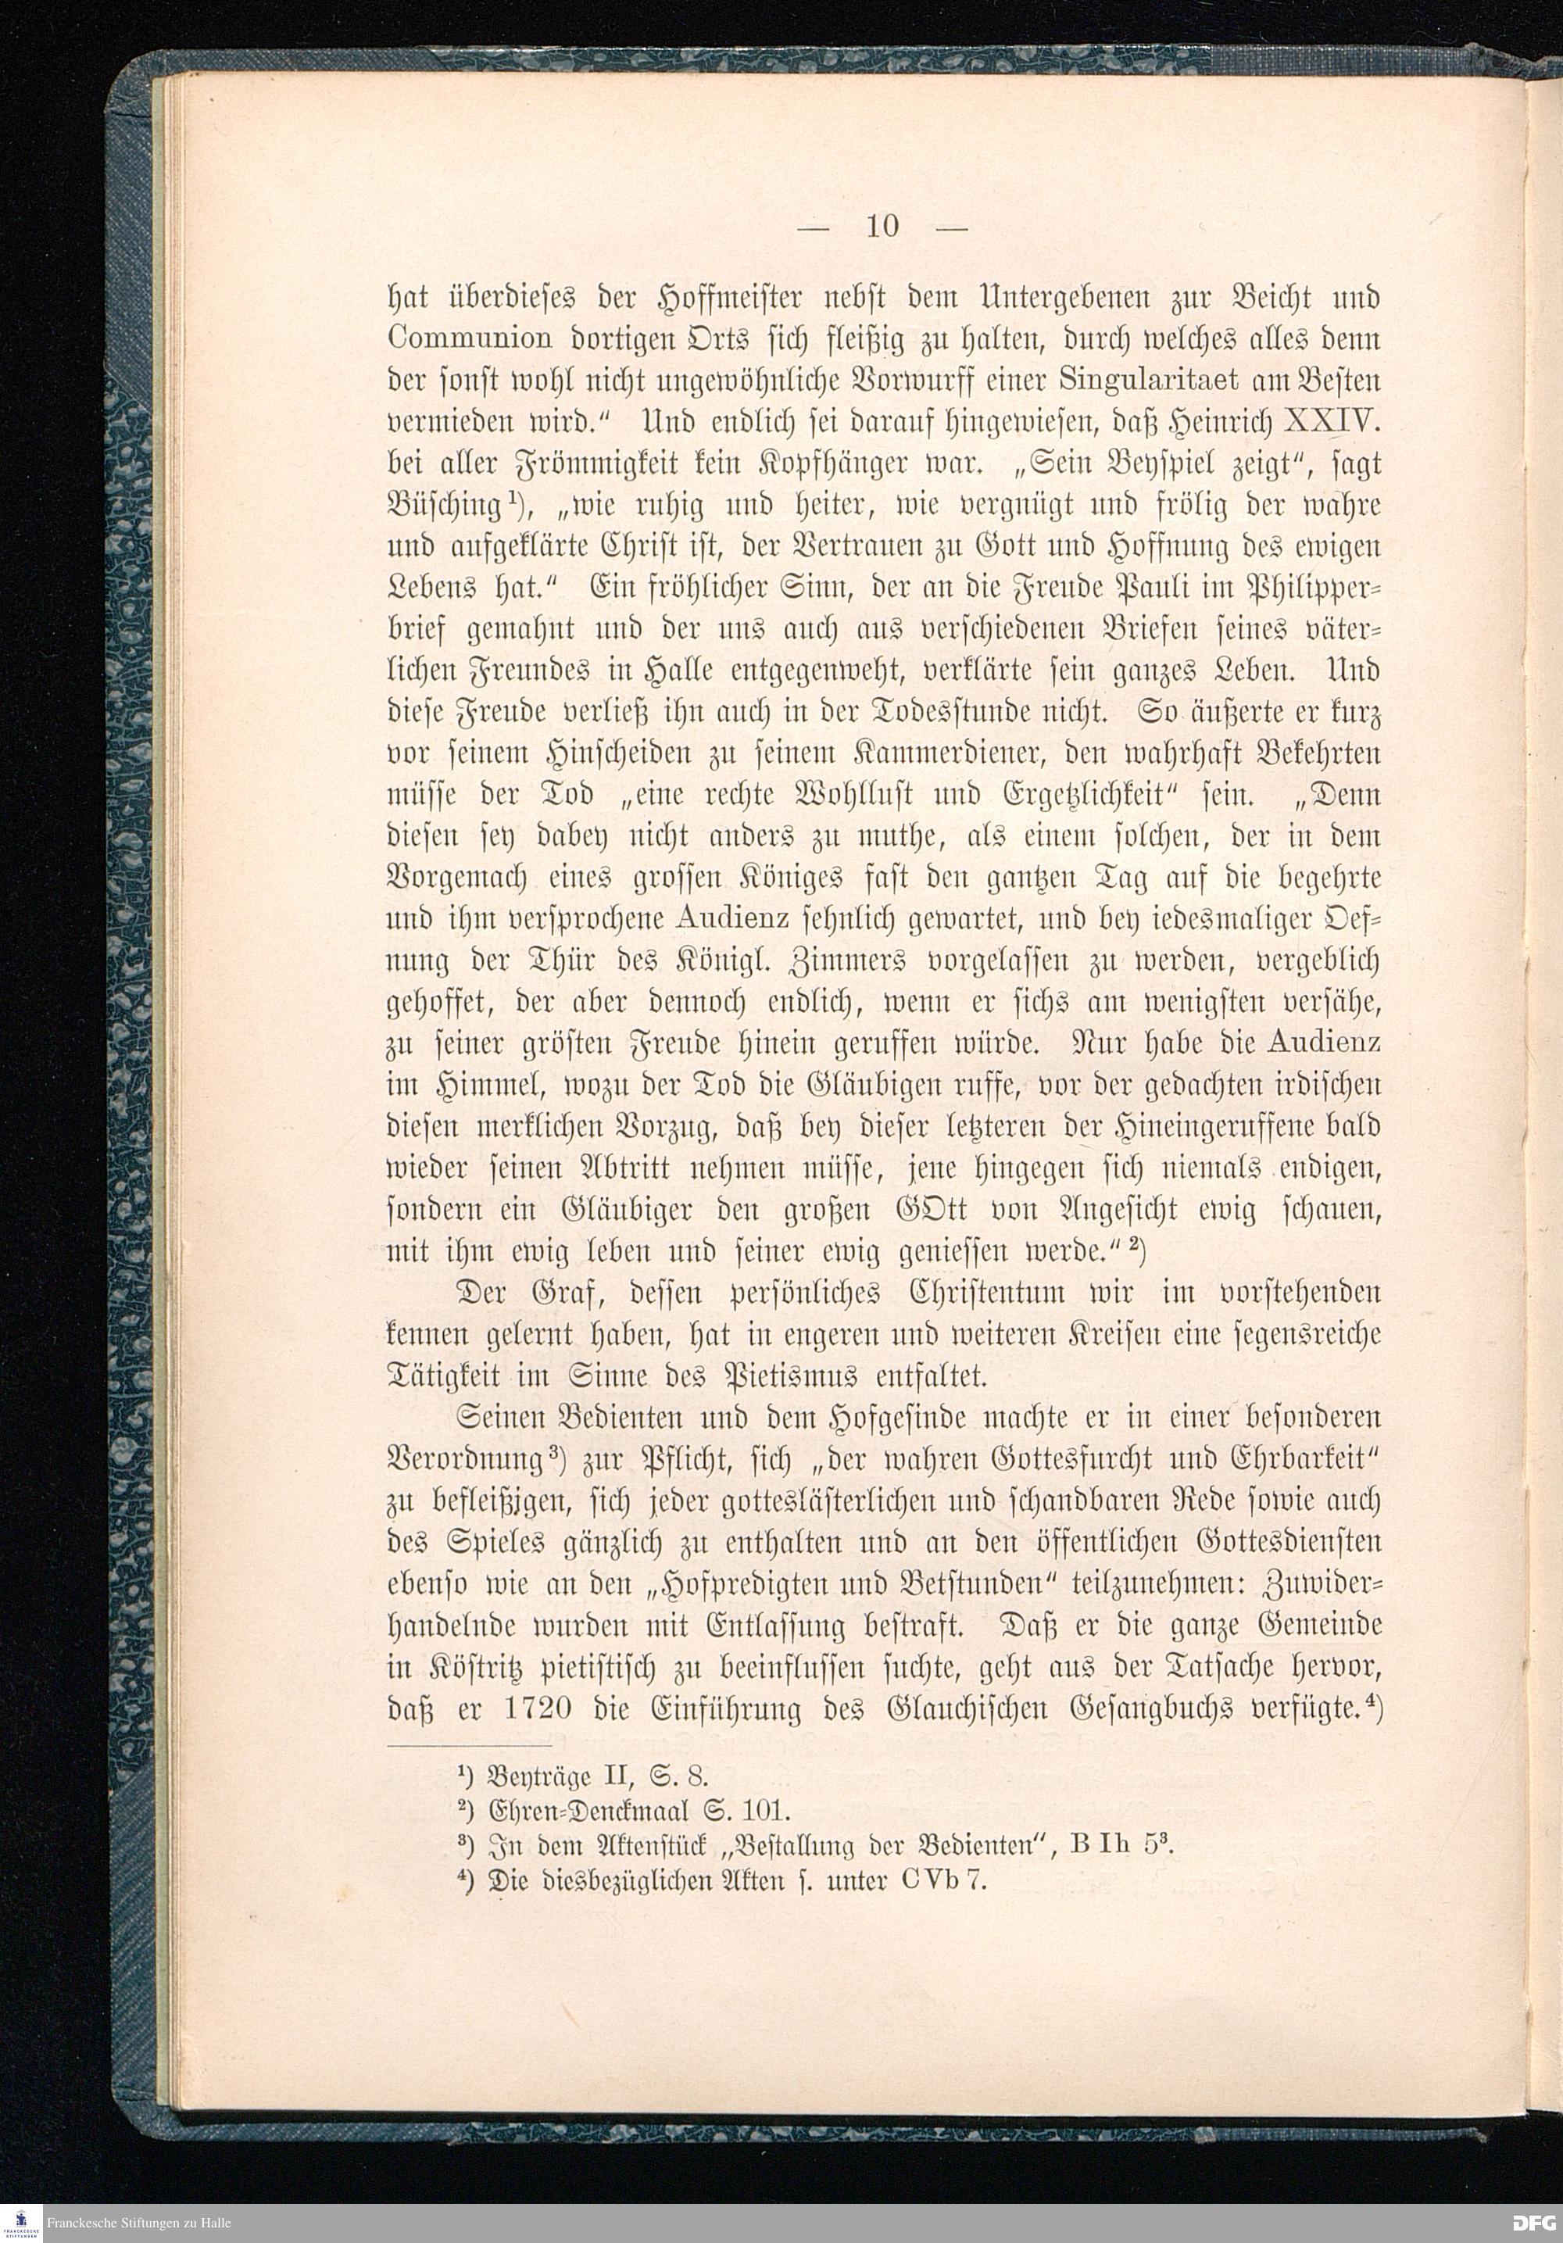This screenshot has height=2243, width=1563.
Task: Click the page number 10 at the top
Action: pos(882,226)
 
